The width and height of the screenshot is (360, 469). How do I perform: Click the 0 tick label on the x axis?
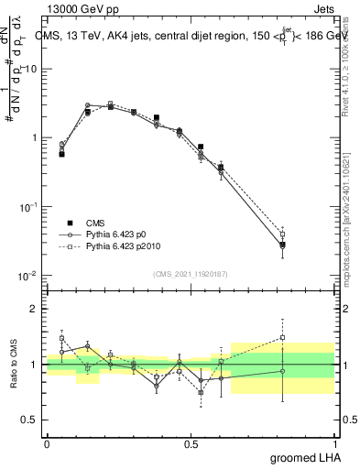pyautogui.click(x=47, y=443)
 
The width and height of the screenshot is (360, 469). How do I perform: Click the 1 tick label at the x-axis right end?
pyautogui.click(x=334, y=443)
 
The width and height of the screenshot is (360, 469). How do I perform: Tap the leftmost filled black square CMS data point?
pyautogui.click(x=61, y=154)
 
